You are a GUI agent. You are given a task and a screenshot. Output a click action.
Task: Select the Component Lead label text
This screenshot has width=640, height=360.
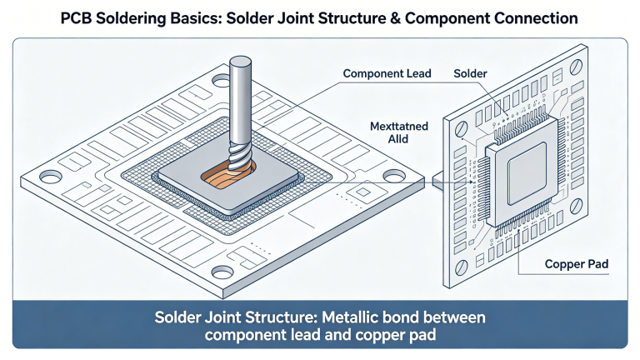click(387, 74)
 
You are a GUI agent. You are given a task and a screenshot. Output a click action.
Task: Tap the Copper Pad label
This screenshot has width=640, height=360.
click(576, 264)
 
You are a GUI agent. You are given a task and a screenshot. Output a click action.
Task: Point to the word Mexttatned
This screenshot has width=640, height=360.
click(398, 126)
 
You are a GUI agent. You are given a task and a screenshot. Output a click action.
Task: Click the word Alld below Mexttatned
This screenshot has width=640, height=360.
click(398, 141)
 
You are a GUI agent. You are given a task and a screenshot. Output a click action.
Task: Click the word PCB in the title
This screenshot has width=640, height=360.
click(77, 17)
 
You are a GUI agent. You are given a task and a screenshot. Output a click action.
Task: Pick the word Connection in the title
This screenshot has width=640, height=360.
click(537, 17)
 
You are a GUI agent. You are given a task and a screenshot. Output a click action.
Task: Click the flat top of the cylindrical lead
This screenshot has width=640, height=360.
click(240, 62)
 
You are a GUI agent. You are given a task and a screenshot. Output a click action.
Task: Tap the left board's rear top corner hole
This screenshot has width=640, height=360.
click(221, 82)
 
